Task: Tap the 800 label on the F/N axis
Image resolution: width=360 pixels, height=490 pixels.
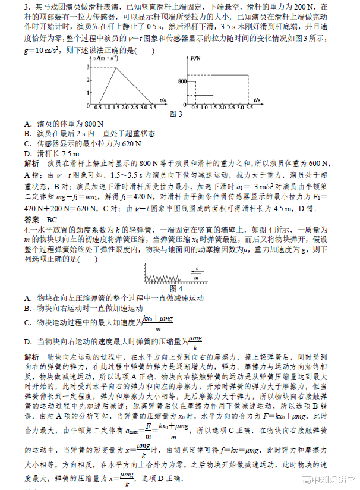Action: [181, 80]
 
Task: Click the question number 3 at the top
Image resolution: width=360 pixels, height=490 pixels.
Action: [27, 6]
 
